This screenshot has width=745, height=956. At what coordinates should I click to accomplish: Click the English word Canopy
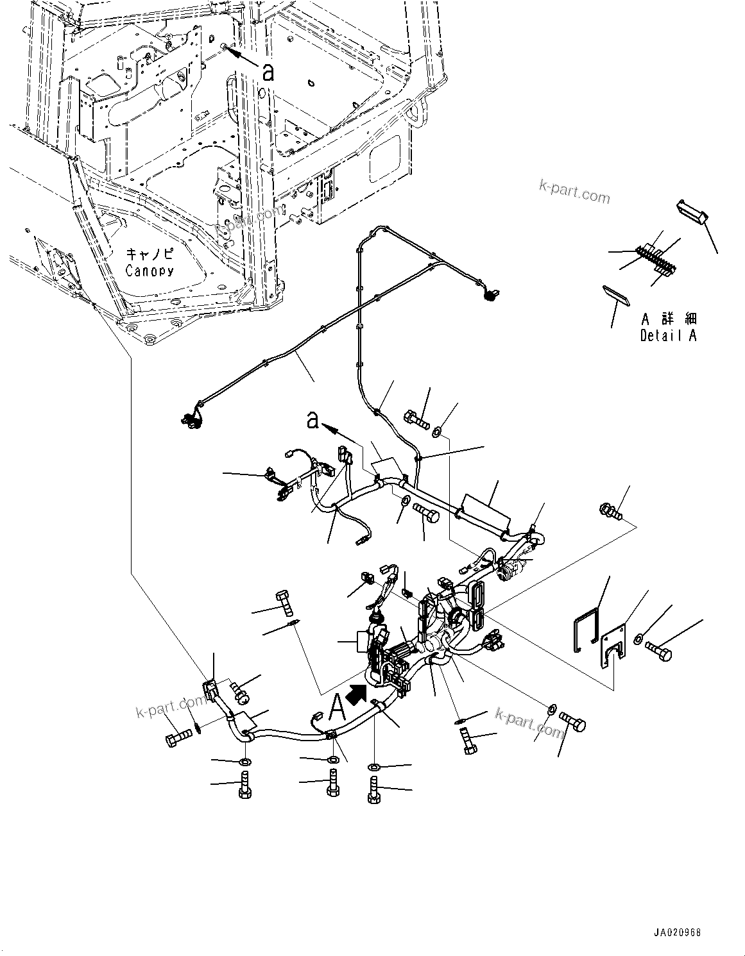tap(150, 271)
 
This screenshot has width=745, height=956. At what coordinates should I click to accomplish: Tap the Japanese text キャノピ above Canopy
tap(150, 254)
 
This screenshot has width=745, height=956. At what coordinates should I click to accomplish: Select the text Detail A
tap(668, 335)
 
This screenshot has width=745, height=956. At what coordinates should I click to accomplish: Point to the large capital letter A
tap(337, 709)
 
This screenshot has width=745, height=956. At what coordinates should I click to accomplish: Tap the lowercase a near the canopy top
tap(268, 71)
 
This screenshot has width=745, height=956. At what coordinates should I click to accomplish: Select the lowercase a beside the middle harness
tap(313, 420)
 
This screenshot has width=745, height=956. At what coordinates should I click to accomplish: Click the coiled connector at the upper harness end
tap(490, 296)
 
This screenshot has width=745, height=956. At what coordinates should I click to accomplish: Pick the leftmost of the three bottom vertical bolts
tap(244, 784)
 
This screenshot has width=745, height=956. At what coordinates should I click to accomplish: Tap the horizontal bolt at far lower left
tap(178, 738)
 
